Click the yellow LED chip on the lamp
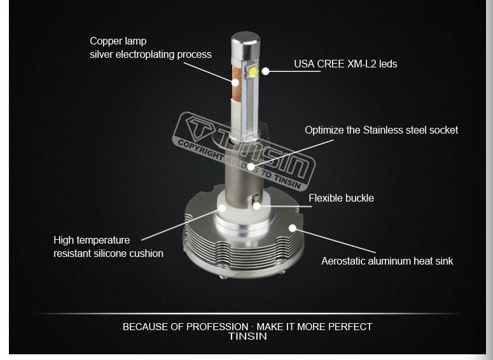(x=253, y=71)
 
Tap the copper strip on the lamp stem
(x=236, y=83)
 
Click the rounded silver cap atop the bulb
(x=246, y=44)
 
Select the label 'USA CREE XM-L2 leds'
(x=345, y=64)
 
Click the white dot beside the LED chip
(x=266, y=71)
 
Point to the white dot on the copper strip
(x=235, y=83)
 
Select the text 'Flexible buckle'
(x=341, y=198)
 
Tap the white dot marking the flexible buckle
(x=257, y=206)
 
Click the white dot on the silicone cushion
(x=222, y=208)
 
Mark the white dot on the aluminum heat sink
(x=293, y=228)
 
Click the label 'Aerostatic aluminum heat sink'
(x=387, y=261)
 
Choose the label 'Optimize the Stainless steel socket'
(x=382, y=130)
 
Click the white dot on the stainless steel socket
(x=251, y=166)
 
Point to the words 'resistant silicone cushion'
(x=109, y=253)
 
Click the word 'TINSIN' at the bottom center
(x=247, y=336)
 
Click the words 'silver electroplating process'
(x=151, y=55)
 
